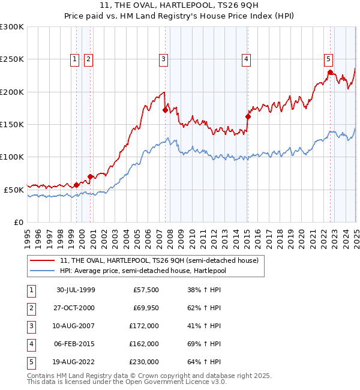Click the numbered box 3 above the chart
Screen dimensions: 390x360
[163, 59]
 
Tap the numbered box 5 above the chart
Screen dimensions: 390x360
[329, 59]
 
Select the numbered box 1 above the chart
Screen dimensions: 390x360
[74, 59]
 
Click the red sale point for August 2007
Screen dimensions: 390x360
[165, 110]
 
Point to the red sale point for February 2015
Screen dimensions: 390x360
[248, 116]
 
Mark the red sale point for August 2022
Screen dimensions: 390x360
[330, 73]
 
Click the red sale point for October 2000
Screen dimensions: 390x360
[90, 176]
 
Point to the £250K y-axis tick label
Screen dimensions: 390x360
[12, 59]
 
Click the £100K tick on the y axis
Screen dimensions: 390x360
[12, 157]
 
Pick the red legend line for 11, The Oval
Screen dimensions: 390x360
[43, 261]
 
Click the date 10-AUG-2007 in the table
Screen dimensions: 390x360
[76, 326]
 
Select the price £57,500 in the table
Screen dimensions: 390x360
[146, 290]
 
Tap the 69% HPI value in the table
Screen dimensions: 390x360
[205, 344]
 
